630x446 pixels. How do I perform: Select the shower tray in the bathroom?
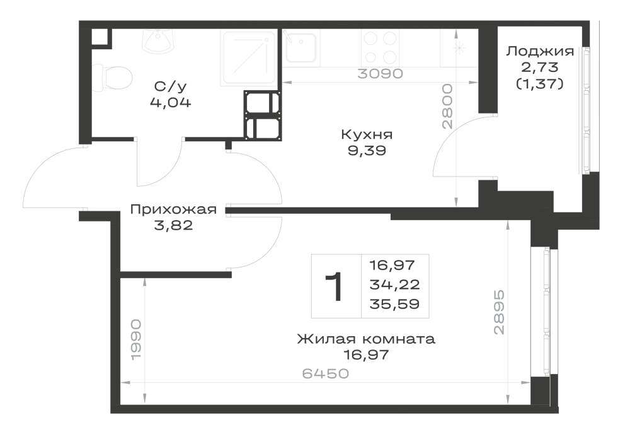[x=249, y=58]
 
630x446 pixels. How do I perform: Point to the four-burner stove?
[x=381, y=47]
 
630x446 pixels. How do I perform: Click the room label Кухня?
[x=367, y=134]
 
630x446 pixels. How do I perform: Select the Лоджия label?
[x=540, y=52]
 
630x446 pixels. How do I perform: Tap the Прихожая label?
[x=174, y=209]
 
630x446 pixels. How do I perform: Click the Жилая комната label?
[x=366, y=339]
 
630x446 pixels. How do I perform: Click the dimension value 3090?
[x=380, y=74]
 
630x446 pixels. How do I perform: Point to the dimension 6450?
[x=326, y=373]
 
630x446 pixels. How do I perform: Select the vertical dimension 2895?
[x=498, y=312]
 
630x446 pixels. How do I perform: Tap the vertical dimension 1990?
[x=136, y=340]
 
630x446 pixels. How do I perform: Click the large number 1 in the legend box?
[x=334, y=286]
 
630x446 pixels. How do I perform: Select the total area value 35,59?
[x=394, y=304]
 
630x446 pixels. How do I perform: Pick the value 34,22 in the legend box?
[x=394, y=285]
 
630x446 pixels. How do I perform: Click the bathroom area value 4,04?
[x=171, y=103]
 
